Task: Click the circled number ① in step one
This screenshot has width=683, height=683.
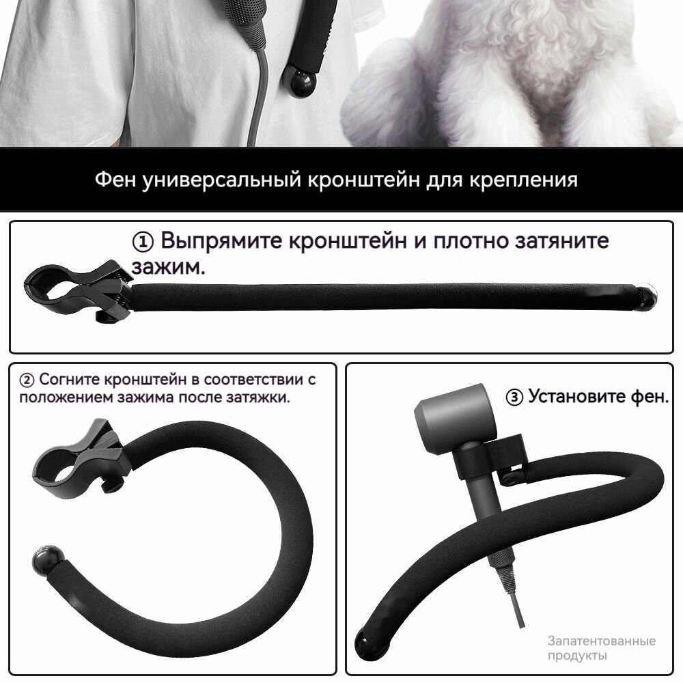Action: [x=143, y=242]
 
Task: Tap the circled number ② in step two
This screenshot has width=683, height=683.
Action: [x=27, y=380]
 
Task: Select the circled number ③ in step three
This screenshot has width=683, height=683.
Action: [x=514, y=397]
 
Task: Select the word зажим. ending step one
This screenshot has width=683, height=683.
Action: [x=168, y=267]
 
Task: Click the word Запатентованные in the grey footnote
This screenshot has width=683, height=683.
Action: [x=601, y=641]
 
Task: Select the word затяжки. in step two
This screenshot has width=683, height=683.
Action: [x=261, y=397]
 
